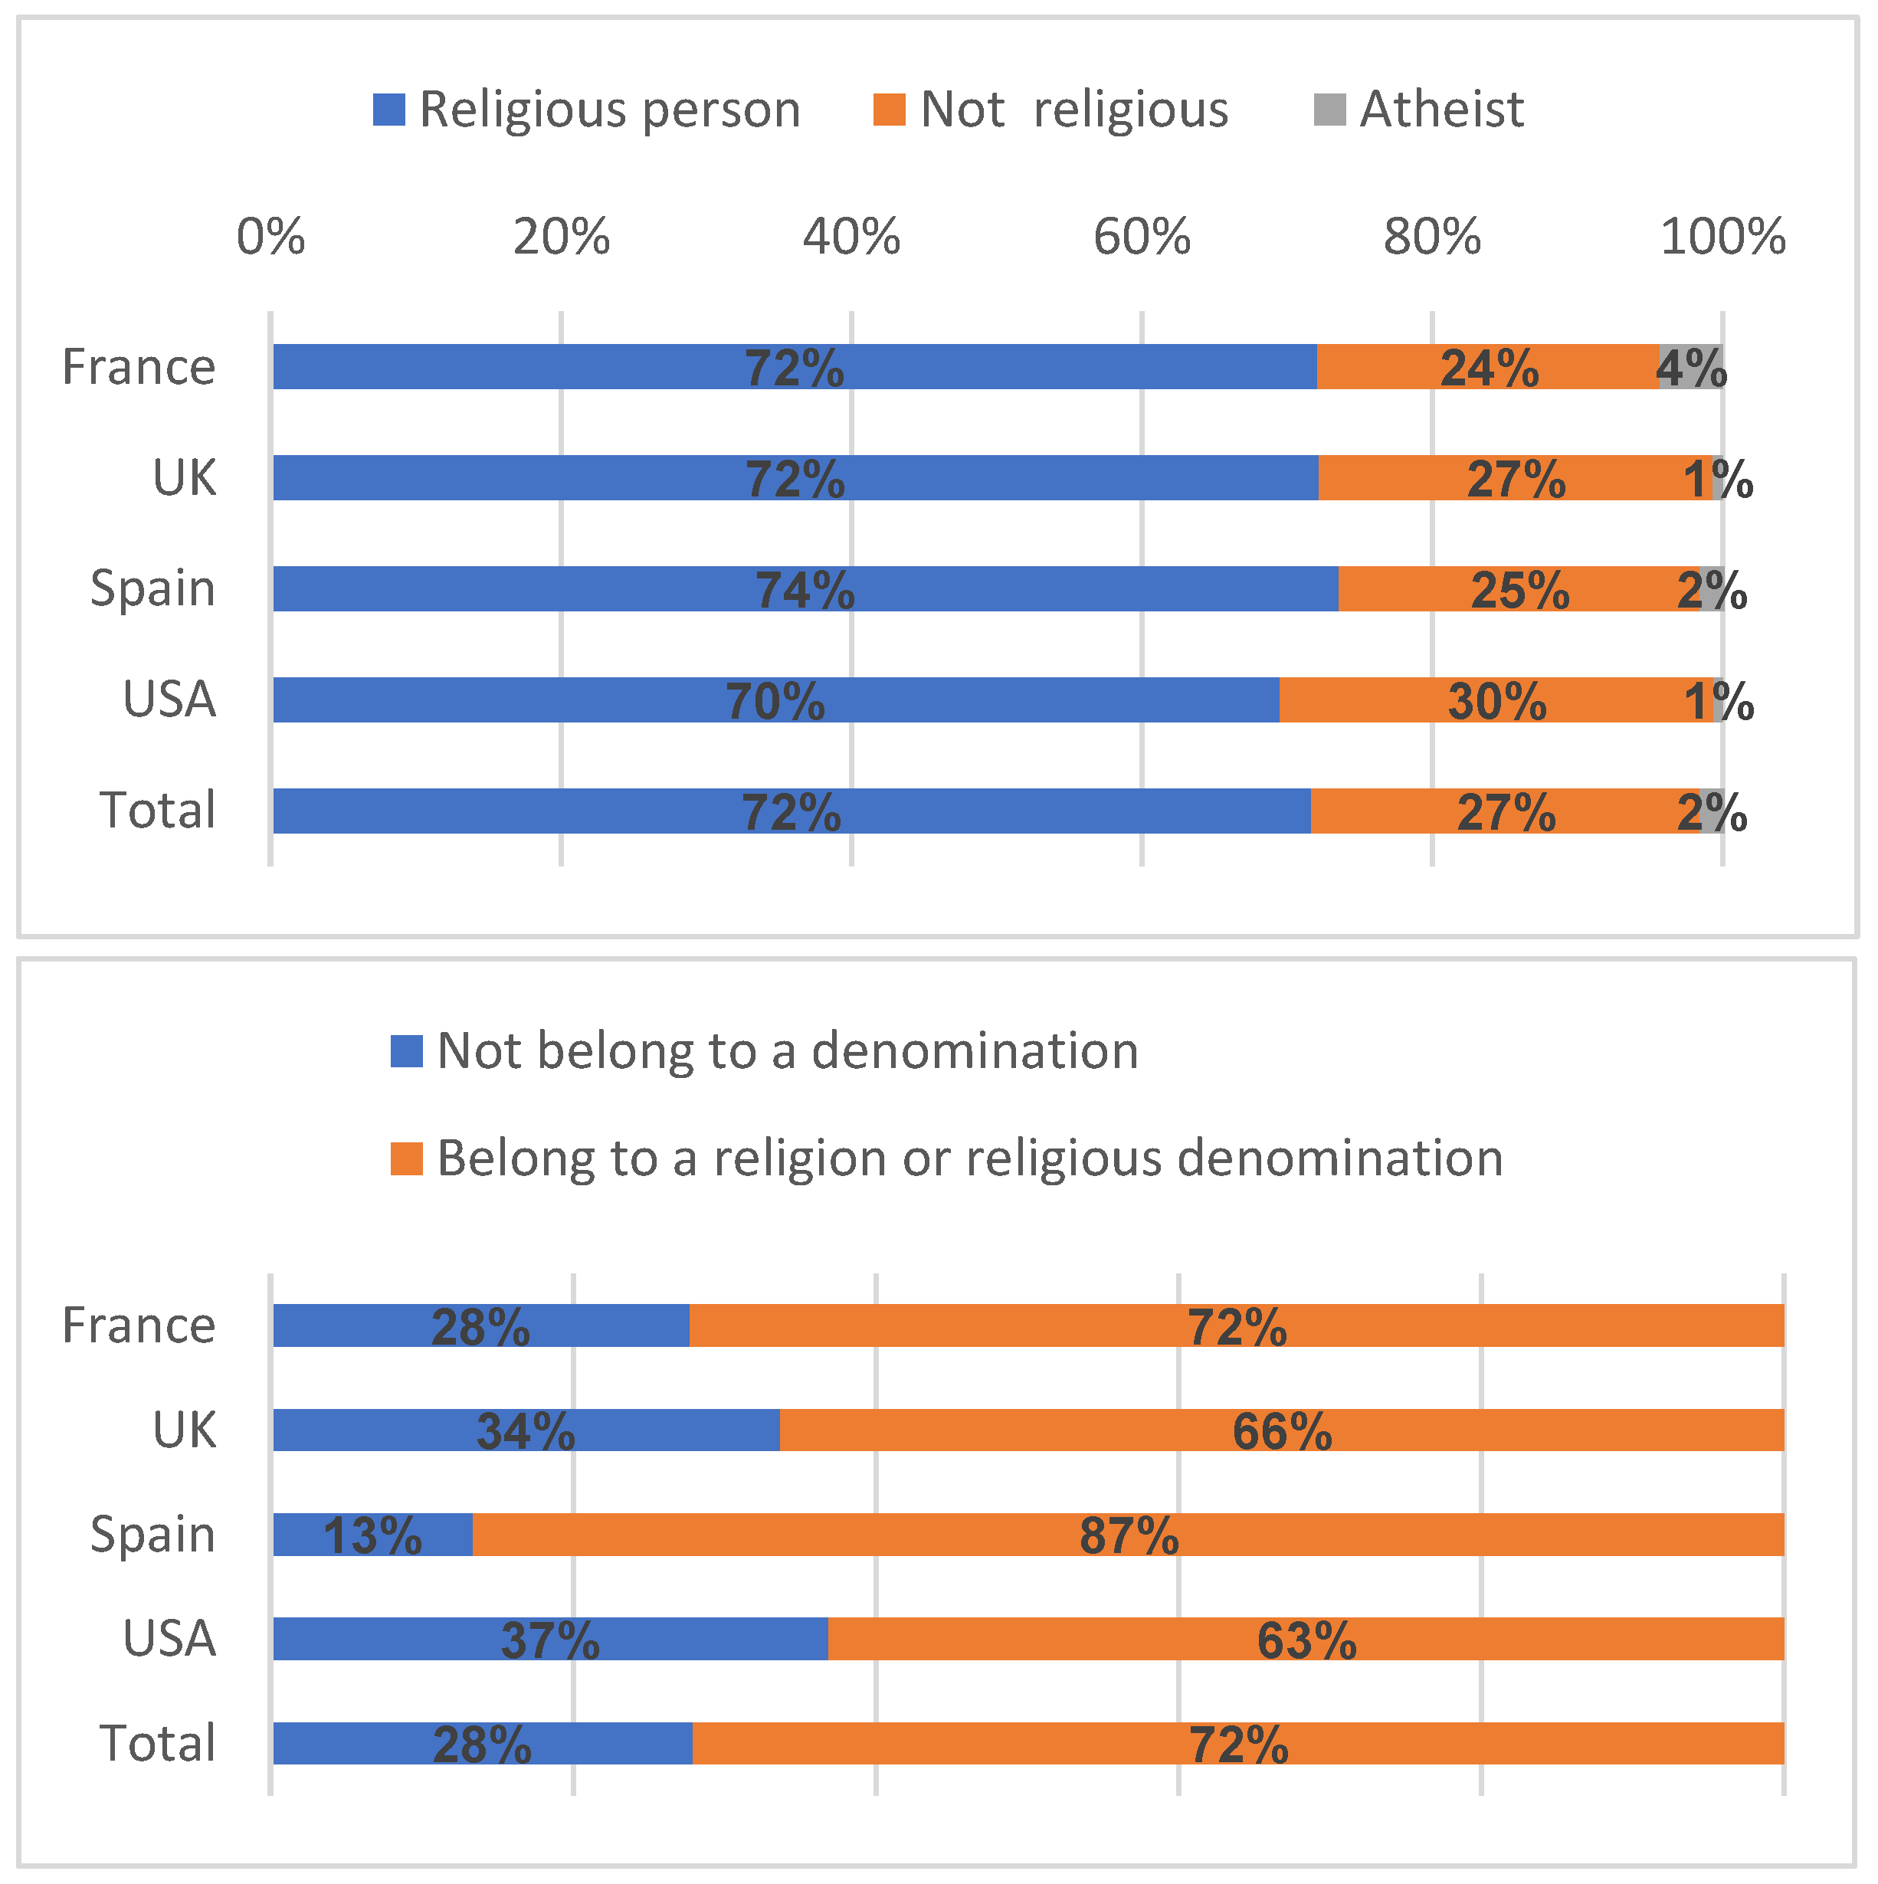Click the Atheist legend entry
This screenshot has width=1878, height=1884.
1419,110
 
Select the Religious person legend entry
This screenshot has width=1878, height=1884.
587,110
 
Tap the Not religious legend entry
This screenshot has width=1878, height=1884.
1051,110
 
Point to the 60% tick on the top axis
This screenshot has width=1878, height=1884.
1142,237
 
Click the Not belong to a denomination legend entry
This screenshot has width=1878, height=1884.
765,1051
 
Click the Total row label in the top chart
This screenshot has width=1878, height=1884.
157,811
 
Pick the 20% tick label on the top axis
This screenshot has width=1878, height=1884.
562,237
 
